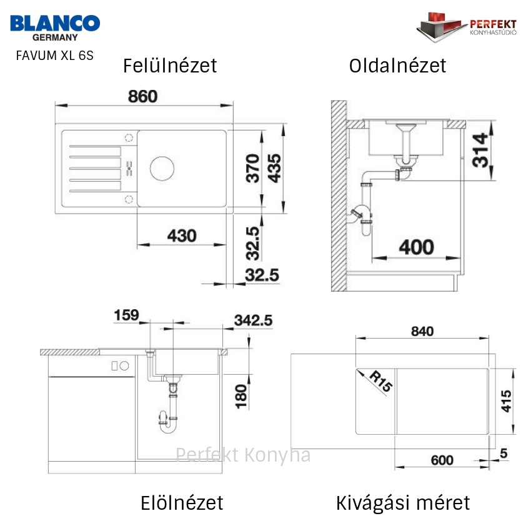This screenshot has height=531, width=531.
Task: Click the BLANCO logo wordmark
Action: coord(55,23)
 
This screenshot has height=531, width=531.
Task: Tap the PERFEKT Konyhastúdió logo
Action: coord(466,27)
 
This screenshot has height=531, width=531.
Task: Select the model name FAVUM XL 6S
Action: coord(54,56)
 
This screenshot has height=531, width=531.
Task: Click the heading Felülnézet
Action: coord(170,66)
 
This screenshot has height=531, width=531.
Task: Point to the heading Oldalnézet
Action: coord(397,66)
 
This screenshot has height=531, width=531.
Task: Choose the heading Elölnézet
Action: coord(182,503)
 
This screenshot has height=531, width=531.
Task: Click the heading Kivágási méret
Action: coord(403,503)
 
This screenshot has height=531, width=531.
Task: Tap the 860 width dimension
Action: coord(142,96)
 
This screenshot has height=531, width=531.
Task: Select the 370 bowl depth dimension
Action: coord(252,168)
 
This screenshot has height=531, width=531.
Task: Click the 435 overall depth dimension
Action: coord(274,168)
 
